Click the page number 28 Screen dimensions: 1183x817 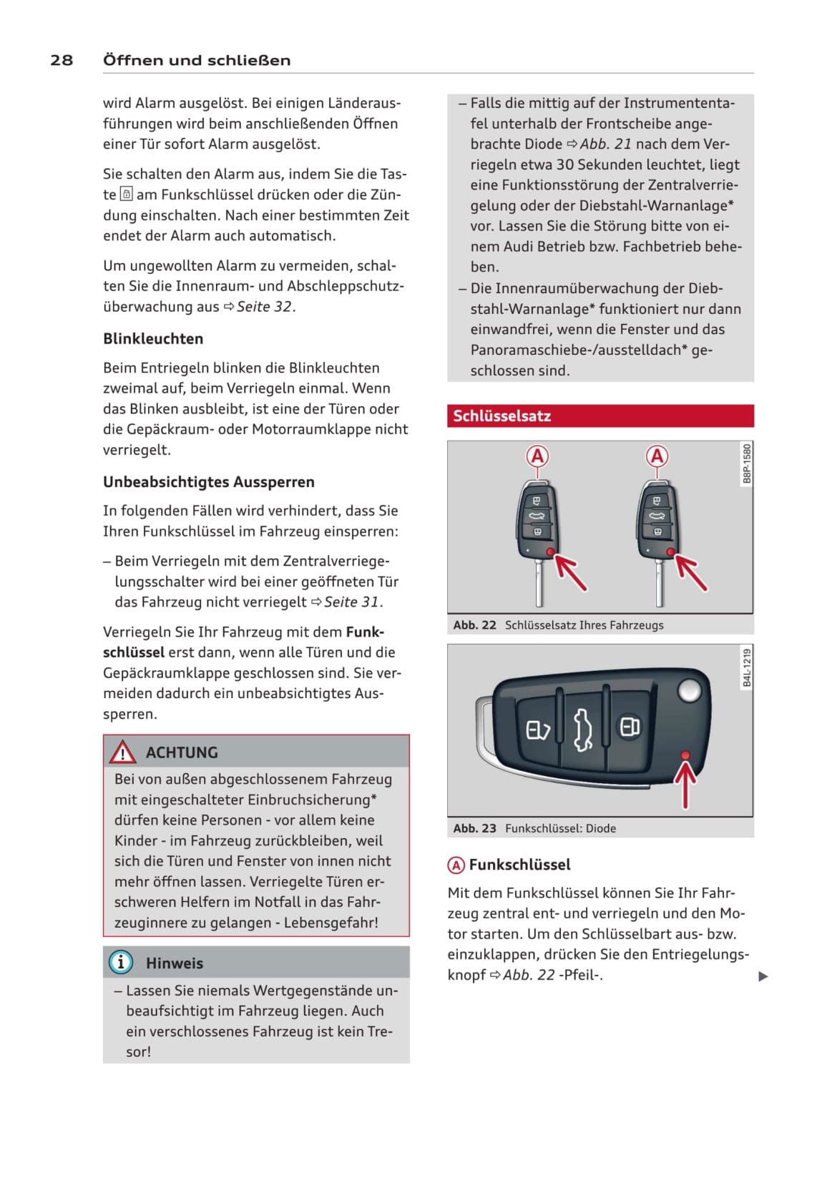click(62, 60)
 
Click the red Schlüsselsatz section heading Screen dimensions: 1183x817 click(502, 416)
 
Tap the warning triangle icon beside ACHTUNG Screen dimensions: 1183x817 click(122, 752)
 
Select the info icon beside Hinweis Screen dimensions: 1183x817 click(121, 962)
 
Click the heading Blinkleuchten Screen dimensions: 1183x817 click(153, 338)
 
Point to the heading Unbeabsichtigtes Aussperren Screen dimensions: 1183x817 click(208, 481)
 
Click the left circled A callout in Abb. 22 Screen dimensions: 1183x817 click(537, 456)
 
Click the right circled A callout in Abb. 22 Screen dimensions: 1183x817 click(657, 456)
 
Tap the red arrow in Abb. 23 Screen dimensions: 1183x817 click(685, 783)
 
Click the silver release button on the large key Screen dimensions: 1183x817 click(689, 690)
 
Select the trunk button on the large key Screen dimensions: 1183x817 click(583, 729)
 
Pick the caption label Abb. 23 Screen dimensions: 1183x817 click(474, 828)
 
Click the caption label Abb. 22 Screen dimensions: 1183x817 click(474, 625)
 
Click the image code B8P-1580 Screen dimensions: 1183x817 click(746, 463)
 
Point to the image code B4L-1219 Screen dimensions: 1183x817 click(746, 668)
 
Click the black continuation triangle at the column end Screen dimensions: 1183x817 click(763, 976)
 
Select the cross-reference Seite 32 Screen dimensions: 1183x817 click(264, 307)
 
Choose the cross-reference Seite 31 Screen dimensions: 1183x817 click(351, 602)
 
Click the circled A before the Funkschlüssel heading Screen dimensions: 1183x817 click(456, 865)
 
